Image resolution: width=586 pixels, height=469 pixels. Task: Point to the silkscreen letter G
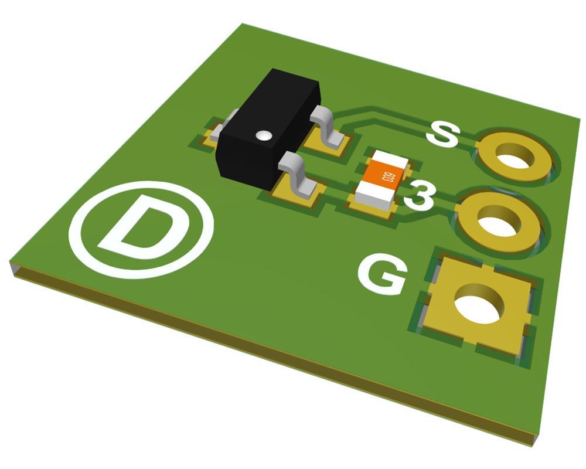click(383, 274)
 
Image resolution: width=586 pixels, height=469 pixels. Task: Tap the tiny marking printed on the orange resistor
click(386, 176)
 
